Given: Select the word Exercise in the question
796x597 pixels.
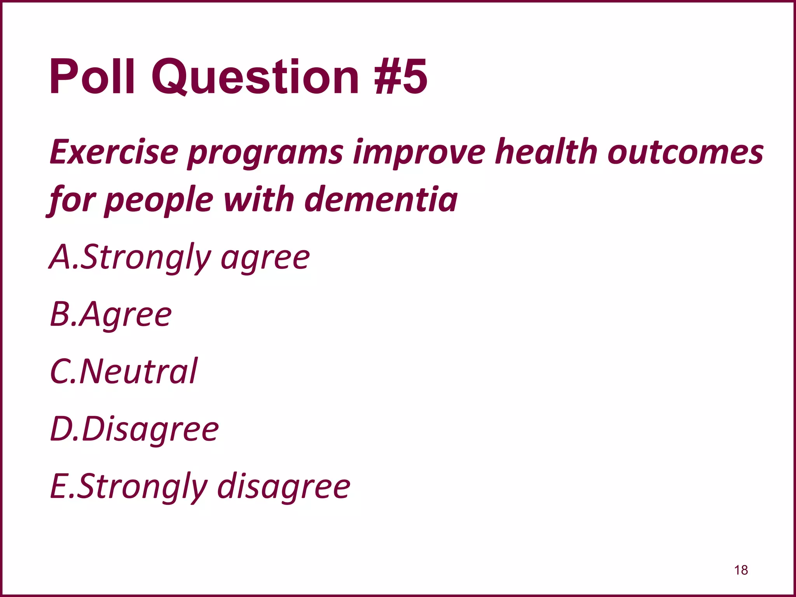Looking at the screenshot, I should pyautogui.click(x=114, y=152).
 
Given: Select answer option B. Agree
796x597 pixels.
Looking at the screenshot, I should pyautogui.click(x=111, y=314).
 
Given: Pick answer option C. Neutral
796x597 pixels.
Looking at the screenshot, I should pyautogui.click(x=124, y=371).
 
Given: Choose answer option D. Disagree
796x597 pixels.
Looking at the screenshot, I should pyautogui.click(x=134, y=429).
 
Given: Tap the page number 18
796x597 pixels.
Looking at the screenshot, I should pyautogui.click(x=741, y=570).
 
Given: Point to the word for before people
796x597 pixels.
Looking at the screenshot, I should pyautogui.click(x=72, y=200).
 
